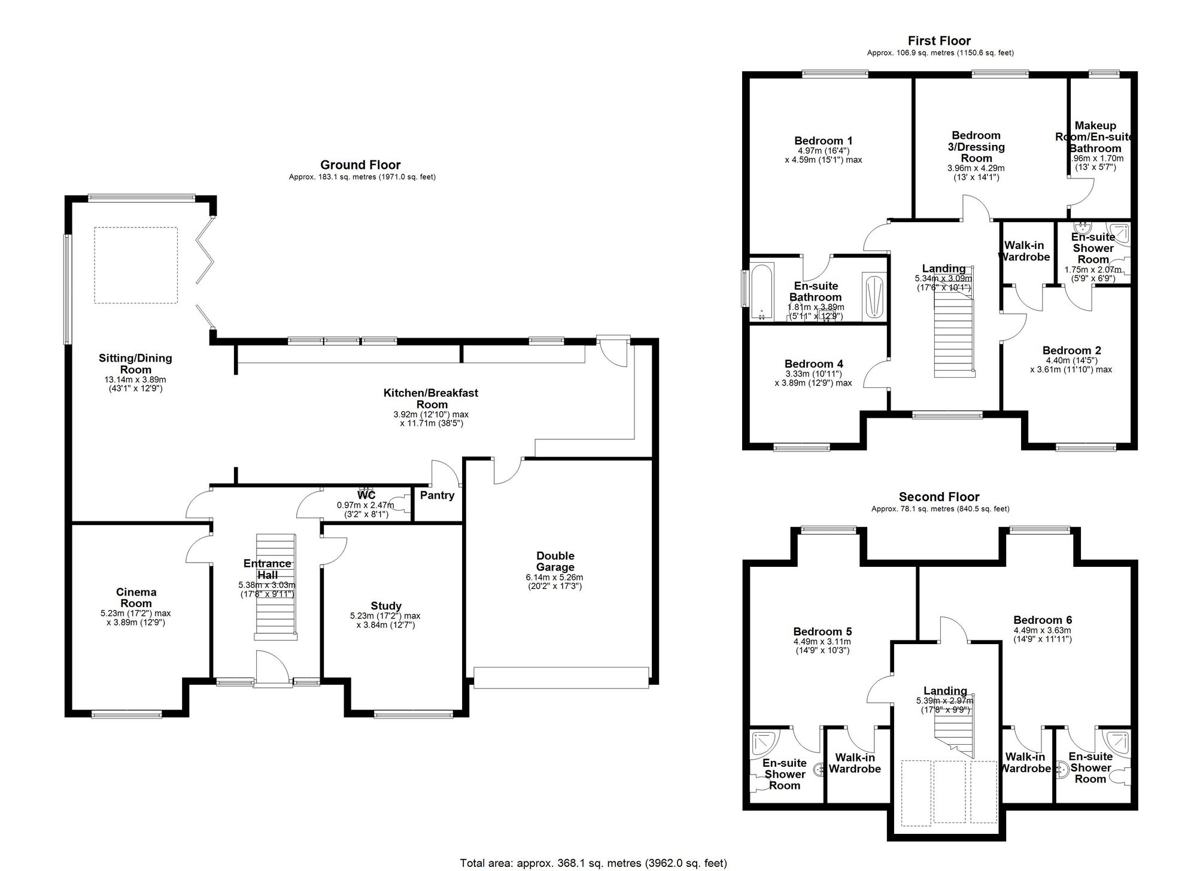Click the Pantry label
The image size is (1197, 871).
click(x=437, y=496)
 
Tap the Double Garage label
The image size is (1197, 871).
click(x=555, y=562)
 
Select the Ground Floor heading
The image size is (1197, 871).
click(x=360, y=165)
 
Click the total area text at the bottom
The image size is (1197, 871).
click(x=593, y=863)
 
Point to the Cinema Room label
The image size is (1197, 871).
click(x=136, y=598)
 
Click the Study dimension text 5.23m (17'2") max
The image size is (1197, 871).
click(x=385, y=616)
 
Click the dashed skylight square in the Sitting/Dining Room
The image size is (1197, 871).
click(x=136, y=265)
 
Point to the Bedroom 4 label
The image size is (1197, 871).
click(x=813, y=364)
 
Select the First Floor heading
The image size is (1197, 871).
click(x=939, y=41)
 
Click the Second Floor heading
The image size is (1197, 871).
click(x=938, y=497)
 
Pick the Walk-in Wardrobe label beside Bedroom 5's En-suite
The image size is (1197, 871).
click(x=855, y=763)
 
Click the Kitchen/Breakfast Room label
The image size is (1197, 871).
click(x=430, y=399)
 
